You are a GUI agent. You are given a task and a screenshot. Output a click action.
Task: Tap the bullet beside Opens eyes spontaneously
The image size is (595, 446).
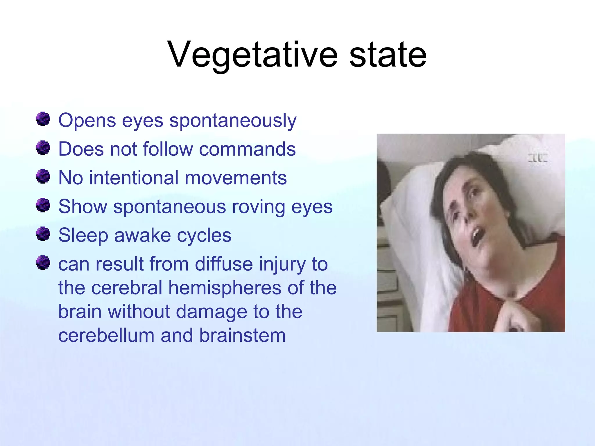click(43, 119)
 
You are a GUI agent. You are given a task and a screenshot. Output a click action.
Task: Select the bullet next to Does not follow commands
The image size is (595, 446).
click(43, 148)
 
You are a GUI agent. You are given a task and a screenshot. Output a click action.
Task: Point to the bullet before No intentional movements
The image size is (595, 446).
click(43, 177)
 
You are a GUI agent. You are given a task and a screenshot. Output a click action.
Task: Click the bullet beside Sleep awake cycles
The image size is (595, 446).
click(43, 234)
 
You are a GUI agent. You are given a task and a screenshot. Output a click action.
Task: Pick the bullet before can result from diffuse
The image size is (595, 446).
click(43, 262)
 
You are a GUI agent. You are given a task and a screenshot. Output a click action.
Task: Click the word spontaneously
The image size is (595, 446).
click(233, 121)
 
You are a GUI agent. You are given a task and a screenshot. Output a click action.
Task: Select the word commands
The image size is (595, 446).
click(247, 149)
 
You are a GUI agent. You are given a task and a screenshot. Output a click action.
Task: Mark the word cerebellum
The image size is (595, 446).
click(106, 336)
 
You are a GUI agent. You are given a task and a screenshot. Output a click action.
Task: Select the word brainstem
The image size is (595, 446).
click(242, 336)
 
